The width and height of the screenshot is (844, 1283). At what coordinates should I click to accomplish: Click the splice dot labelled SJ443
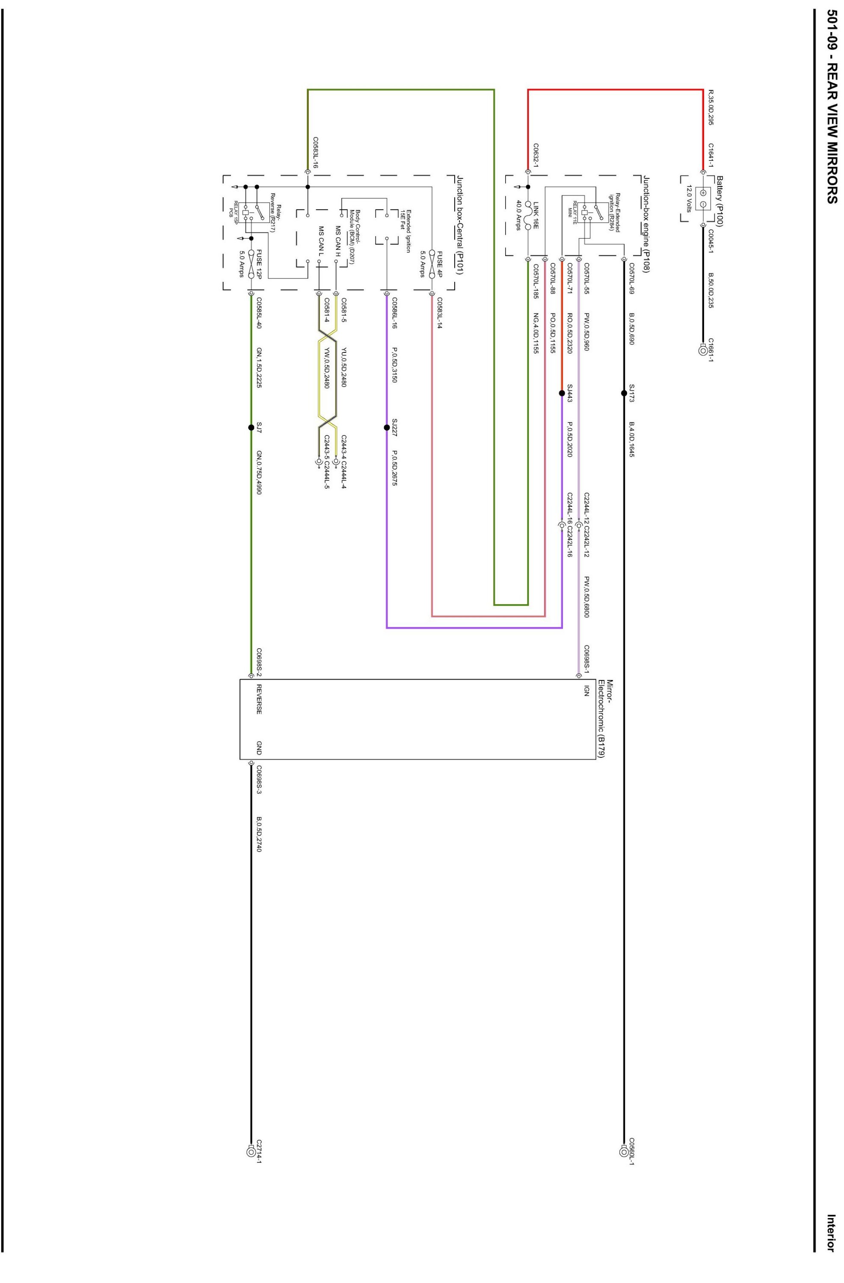562,393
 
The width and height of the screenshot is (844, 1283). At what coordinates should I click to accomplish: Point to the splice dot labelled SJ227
387,428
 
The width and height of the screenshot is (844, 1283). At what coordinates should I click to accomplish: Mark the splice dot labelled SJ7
251,428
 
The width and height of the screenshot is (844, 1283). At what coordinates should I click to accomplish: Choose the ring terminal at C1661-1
703,350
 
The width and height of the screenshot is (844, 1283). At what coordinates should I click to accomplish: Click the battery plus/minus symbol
703,198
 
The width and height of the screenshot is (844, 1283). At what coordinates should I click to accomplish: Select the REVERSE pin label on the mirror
259,699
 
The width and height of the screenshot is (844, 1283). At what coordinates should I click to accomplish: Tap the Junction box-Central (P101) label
460,225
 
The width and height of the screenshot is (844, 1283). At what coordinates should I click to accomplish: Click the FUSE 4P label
439,264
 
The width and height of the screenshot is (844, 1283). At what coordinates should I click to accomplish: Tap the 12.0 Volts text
689,199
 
